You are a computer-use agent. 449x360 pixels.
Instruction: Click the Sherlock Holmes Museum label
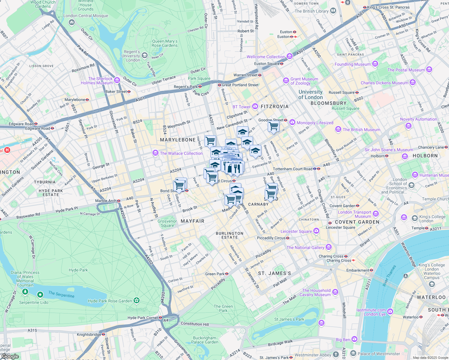pos(97,81)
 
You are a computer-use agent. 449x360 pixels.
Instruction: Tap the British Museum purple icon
pos(338,130)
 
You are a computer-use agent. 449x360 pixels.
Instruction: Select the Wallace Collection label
pos(181,153)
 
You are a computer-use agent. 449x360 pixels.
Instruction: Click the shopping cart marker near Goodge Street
pos(273,126)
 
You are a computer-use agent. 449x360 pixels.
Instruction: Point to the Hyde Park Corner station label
pos(143,318)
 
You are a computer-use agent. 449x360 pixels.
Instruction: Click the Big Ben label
pos(343,340)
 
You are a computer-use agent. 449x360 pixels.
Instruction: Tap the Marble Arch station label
pos(106,201)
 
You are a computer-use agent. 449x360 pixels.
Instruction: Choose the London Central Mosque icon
pos(72,22)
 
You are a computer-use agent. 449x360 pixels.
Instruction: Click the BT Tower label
pos(241,107)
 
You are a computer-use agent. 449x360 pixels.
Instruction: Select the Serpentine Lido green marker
pos(40,295)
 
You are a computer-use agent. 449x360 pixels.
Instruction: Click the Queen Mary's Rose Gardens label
pos(164,43)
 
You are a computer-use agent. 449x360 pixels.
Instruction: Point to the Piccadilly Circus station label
pos(271,238)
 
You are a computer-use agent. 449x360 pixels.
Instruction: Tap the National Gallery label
pos(305,247)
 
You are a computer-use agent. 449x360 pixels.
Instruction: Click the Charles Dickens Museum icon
pos(413,82)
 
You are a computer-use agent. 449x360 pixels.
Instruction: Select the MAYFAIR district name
pos(192,221)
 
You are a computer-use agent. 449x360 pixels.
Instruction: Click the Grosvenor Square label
pos(167,223)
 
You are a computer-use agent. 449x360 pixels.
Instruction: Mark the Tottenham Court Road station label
pos(292,169)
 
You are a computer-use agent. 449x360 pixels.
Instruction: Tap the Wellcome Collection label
pos(266,57)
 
